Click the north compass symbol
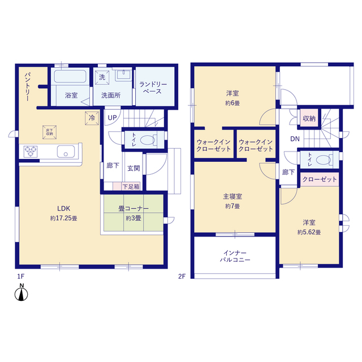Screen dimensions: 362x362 (21, 295)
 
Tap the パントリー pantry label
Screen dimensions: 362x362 (27, 87)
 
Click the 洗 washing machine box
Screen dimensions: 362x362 (102, 76)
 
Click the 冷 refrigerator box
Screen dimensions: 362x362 (91, 118)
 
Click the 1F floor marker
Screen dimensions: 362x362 (20, 276)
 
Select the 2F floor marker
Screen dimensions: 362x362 (182, 276)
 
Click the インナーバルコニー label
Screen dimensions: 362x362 (235, 256)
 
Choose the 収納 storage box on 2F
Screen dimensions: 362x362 (309, 118)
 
